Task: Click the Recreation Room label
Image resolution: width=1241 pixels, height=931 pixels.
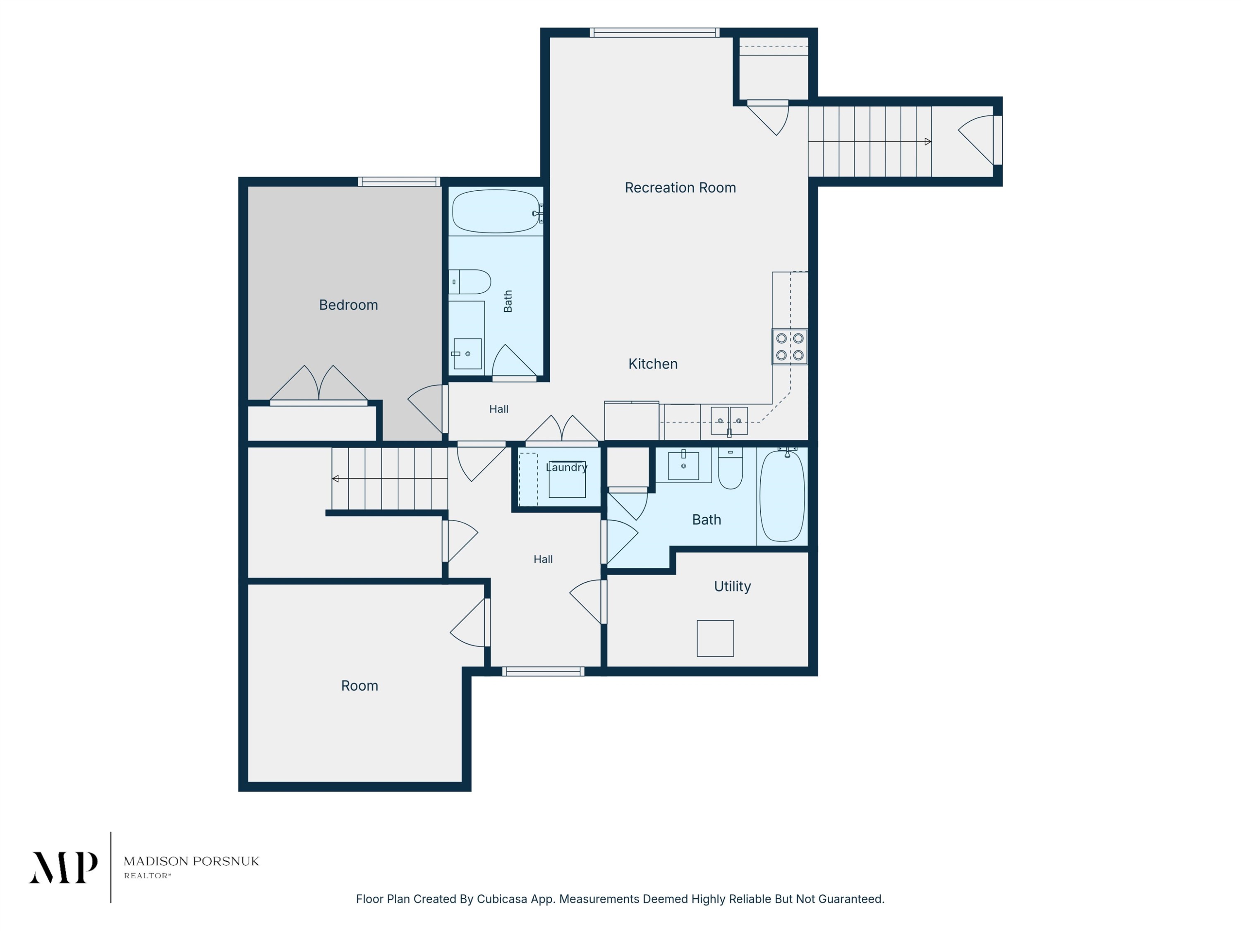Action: point(680,187)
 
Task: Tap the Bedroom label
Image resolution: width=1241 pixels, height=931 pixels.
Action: point(348,305)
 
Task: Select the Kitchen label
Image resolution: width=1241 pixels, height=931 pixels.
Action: point(652,364)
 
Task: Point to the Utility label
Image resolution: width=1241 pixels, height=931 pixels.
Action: point(732,586)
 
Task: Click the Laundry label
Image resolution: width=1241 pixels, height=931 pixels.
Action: point(567,468)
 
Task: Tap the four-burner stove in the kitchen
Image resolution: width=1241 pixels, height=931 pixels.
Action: point(789,347)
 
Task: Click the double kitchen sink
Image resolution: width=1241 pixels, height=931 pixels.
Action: point(729,421)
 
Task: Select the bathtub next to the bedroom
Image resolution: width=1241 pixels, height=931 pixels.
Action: point(496,211)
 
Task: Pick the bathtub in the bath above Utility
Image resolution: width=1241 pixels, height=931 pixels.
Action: point(782,496)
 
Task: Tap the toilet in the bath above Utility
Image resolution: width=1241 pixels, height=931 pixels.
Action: point(731,468)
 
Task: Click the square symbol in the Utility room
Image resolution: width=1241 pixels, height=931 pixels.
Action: point(715,638)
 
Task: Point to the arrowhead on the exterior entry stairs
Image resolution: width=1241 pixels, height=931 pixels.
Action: point(928,142)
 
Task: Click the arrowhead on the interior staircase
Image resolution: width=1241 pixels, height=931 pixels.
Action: point(335,479)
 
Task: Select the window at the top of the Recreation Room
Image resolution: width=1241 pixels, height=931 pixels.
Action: point(654,33)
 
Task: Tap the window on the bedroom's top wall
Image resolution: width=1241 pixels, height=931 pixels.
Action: point(399,181)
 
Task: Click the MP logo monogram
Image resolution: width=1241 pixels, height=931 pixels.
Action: point(63,868)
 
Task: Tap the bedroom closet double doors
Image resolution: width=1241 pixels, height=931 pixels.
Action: point(319,384)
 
